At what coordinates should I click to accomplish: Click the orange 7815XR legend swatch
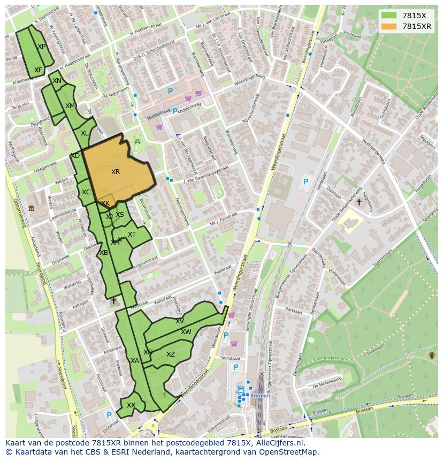pyautogui.click(x=389, y=26)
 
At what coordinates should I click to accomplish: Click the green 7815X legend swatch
pyautogui.click(x=389, y=15)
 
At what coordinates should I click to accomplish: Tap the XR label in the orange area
pyautogui.click(x=116, y=172)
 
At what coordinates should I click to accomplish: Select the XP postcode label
pyautogui.click(x=41, y=47)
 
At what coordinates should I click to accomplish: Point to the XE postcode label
pyautogui.click(x=38, y=70)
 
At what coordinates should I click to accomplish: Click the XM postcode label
pyautogui.click(x=70, y=106)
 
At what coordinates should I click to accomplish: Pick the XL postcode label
pyautogui.click(x=85, y=133)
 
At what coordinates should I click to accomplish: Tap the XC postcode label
pyautogui.click(x=86, y=192)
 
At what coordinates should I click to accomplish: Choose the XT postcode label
pyautogui.click(x=132, y=235)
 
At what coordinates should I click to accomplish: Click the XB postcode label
pyautogui.click(x=104, y=253)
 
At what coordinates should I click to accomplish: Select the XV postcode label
pyautogui.click(x=180, y=321)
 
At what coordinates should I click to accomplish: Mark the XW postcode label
pyautogui.click(x=186, y=332)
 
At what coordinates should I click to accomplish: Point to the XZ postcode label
pyautogui.click(x=170, y=354)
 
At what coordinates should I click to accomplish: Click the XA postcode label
pyautogui.click(x=135, y=361)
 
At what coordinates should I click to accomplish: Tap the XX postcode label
pyautogui.click(x=131, y=405)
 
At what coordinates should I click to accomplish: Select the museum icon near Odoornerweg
pyautogui.click(x=31, y=208)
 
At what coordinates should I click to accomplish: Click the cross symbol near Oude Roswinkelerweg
pyautogui.click(x=358, y=202)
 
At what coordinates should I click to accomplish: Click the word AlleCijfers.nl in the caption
pyautogui.click(x=278, y=443)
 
